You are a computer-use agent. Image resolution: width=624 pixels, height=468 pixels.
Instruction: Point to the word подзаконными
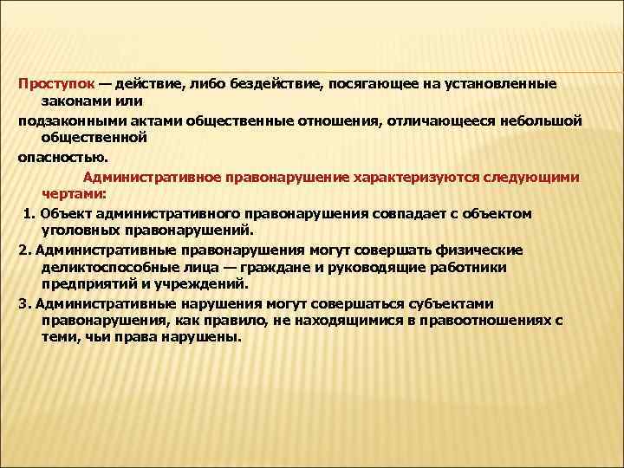70,120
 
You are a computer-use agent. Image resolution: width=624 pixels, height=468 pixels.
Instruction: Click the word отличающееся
445,120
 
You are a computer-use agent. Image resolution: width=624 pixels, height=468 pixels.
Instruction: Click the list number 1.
29,212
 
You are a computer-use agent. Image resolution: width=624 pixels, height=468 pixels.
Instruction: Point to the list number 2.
23,249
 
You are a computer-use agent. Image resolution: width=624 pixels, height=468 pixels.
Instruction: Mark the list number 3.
23,302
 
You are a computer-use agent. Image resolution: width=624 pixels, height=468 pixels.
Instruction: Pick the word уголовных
80,230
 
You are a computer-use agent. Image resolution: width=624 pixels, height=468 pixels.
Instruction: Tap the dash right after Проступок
104,83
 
